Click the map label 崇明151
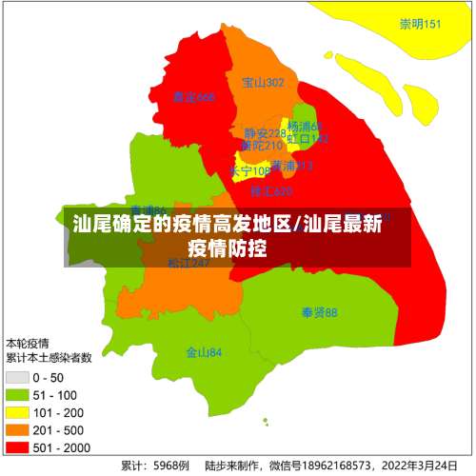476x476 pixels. click(420, 25)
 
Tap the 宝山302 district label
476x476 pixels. click(263, 83)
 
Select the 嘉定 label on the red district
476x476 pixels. click(193, 97)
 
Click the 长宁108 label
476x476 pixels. click(249, 171)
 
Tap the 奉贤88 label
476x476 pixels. click(319, 312)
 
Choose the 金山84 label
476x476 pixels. click(204, 352)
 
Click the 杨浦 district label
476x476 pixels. click(305, 126)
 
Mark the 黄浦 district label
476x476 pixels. click(291, 166)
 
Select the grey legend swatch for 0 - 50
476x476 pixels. click(17, 378)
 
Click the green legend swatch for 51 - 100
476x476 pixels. click(17, 395)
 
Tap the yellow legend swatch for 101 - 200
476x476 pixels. click(17, 412)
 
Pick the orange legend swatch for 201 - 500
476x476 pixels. click(17, 429)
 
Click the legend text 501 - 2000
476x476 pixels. click(61, 446)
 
